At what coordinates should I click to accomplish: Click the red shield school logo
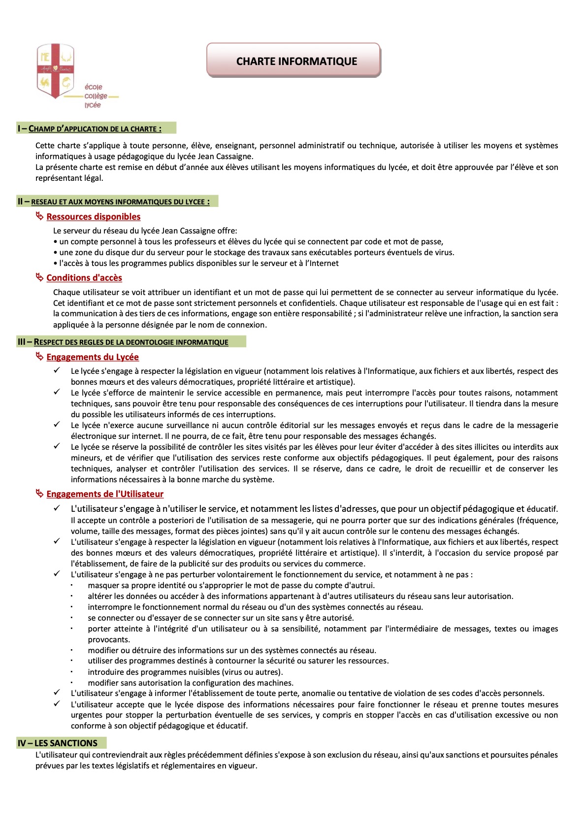pos(55,70)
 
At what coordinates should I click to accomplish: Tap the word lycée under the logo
pos(93,105)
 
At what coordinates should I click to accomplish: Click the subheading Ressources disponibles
pos(94,217)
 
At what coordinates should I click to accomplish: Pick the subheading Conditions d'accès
pos(84,278)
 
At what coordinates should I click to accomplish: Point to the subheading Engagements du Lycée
pos(93,357)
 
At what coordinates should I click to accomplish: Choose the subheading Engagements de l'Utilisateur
pos(105,494)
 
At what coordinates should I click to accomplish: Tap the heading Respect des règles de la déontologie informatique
pos(130,342)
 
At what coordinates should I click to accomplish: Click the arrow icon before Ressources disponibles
pos(40,216)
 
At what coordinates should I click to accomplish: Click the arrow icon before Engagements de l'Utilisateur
pos(40,494)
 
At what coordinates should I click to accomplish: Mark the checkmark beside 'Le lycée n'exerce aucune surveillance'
pos(57,424)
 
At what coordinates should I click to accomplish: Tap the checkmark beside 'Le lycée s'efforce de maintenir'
pos(57,392)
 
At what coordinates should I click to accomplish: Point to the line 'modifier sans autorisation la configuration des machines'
pos(191,683)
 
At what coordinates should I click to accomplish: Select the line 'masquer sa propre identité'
pos(231,585)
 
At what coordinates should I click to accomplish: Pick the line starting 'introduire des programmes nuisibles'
pos(185,672)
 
